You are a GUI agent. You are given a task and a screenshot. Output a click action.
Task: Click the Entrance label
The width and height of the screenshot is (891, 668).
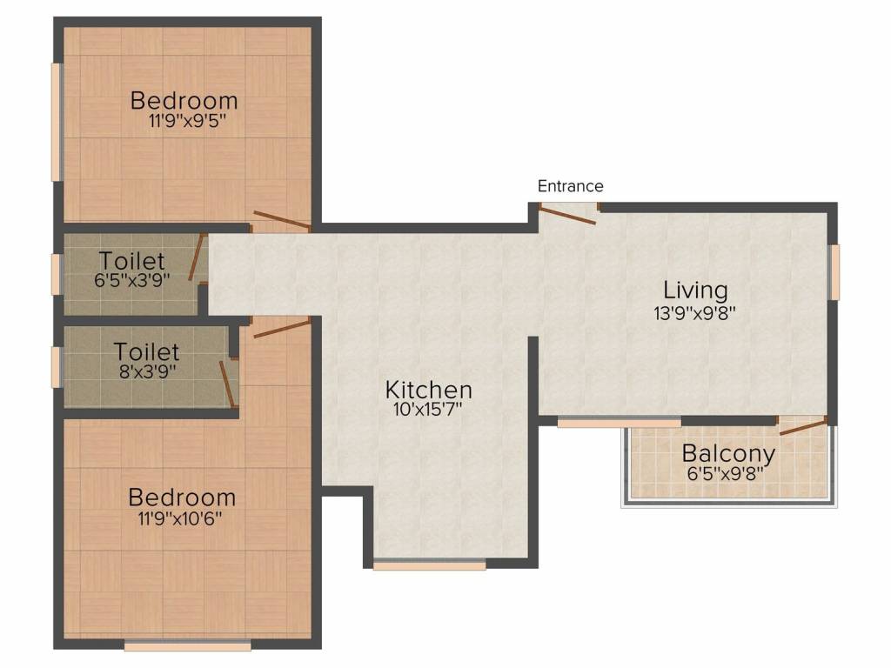click(570, 186)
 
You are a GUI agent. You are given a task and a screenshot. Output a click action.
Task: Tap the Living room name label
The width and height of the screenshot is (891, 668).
click(695, 290)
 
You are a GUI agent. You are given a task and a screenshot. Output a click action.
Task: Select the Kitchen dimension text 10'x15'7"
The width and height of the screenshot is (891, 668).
click(429, 411)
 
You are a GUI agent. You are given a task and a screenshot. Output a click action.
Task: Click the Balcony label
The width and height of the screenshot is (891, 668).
click(728, 453)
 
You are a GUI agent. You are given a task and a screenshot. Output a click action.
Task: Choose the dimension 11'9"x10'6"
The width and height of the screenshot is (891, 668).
click(182, 519)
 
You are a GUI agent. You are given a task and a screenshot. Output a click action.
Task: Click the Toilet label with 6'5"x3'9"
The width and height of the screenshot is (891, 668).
click(131, 260)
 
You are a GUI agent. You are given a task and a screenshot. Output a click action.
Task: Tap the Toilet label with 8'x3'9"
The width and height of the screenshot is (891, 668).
click(147, 351)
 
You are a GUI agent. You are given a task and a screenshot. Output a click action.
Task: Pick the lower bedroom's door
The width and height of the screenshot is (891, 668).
click(281, 327)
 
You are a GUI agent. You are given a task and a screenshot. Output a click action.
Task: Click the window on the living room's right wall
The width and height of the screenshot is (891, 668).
click(834, 271)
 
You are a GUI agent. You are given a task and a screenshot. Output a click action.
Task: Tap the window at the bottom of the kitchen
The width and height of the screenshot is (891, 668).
click(429, 565)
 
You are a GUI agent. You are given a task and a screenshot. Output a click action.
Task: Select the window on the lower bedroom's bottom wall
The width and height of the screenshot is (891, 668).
click(187, 645)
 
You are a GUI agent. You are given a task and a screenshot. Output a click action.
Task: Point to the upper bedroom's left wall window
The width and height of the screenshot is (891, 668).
click(57, 122)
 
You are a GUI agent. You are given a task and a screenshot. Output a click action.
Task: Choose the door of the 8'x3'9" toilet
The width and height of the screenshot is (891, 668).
click(228, 384)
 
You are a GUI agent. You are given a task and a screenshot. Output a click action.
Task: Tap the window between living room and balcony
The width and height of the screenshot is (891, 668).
click(619, 423)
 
